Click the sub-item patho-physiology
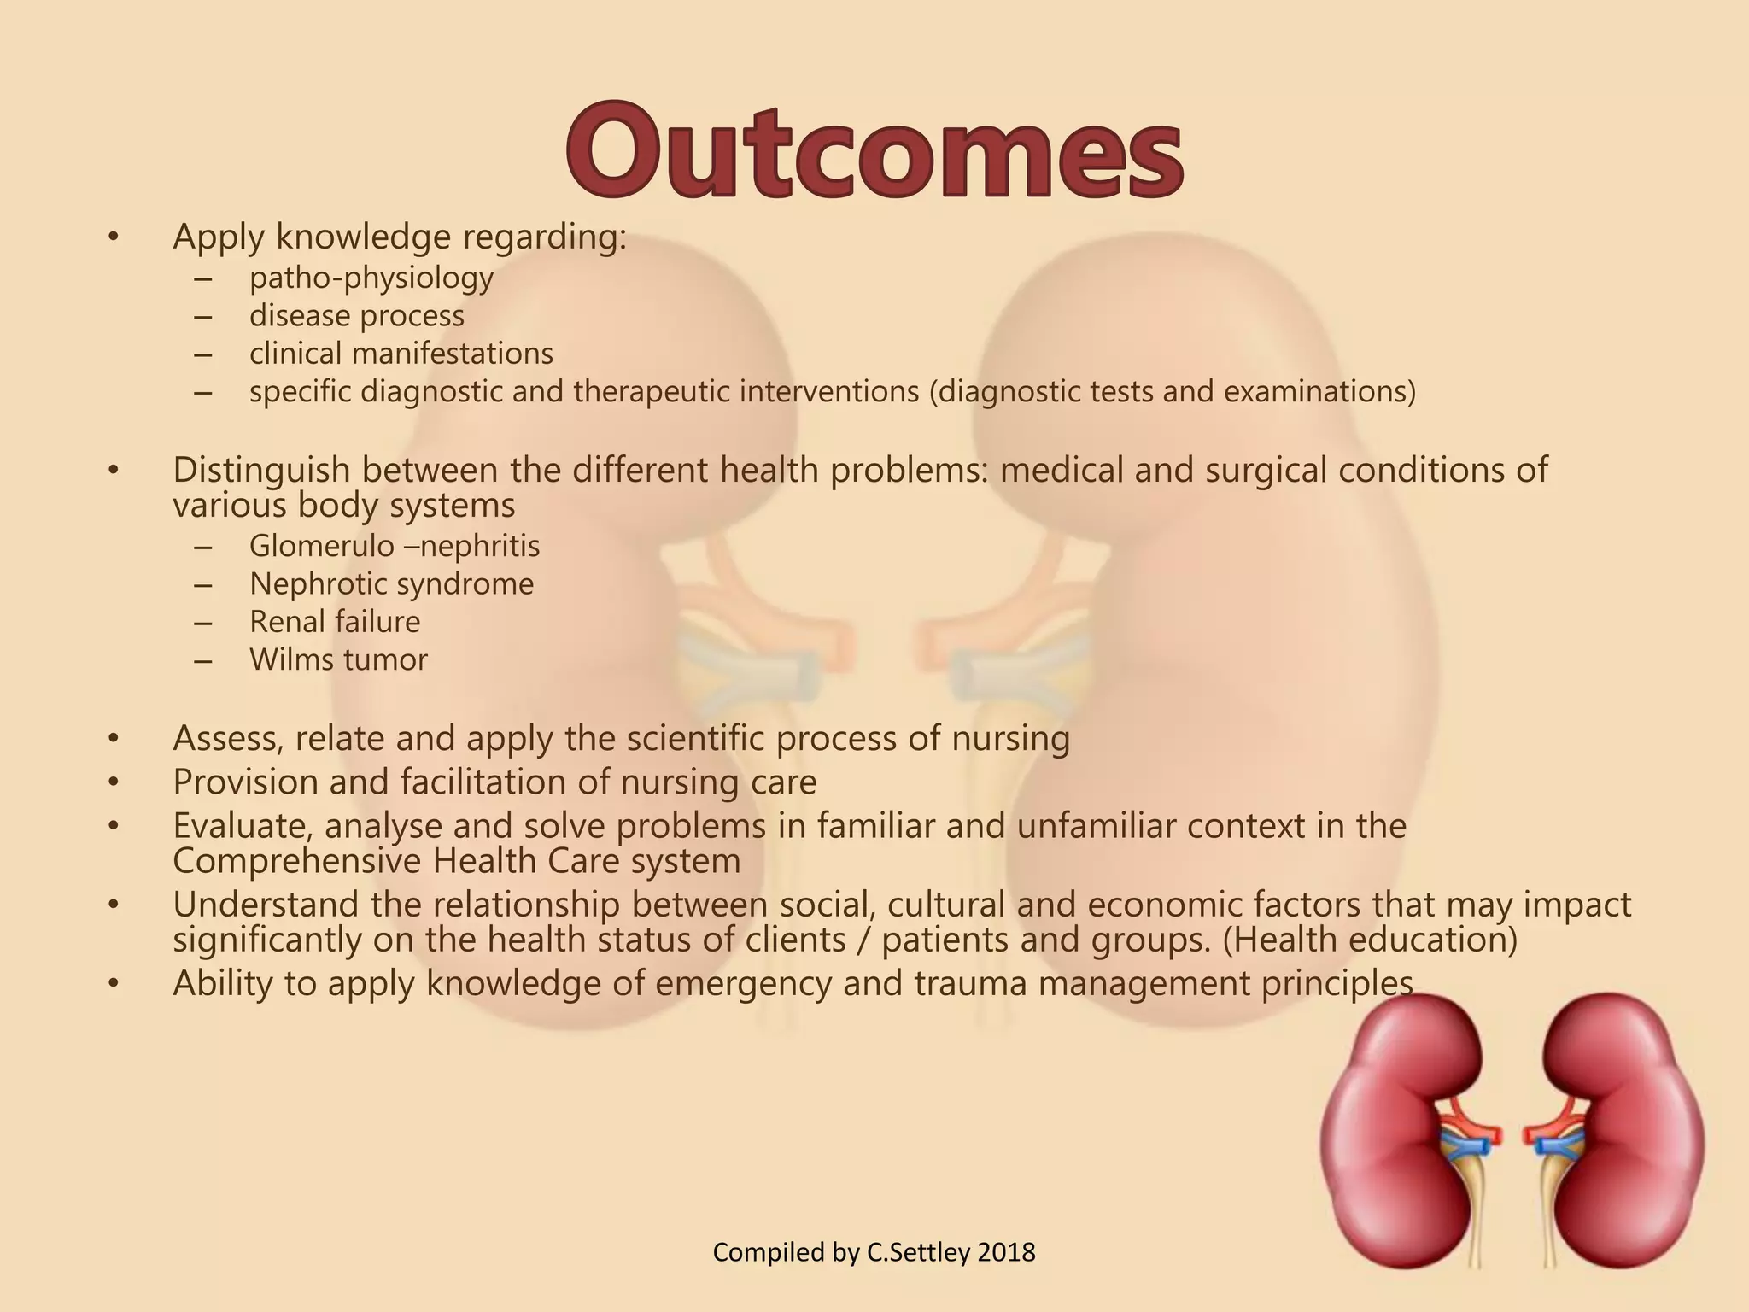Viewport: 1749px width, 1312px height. (371, 278)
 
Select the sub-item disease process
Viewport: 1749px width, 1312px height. (356, 316)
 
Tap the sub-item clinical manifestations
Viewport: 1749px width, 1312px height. (401, 354)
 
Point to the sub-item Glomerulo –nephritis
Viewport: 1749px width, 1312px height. (395, 546)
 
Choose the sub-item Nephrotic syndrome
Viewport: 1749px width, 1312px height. (391, 584)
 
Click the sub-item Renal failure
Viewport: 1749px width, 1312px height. (335, 622)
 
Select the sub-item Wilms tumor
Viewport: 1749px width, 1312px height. (338, 659)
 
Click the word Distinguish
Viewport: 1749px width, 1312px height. (249, 471)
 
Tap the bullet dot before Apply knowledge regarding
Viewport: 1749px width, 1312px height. (113, 237)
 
